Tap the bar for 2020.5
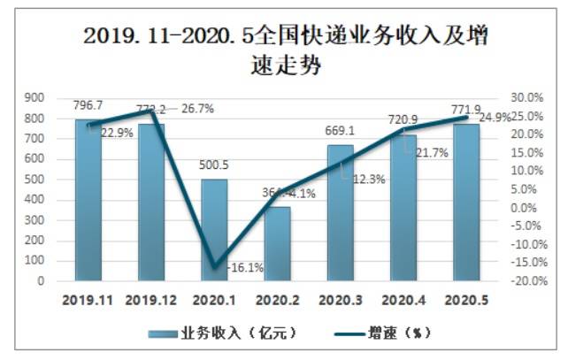coord(466,203)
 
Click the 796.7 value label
coord(88,107)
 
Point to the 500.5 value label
coord(214,164)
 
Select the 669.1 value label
coord(341,132)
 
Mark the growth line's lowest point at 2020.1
coord(214,267)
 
